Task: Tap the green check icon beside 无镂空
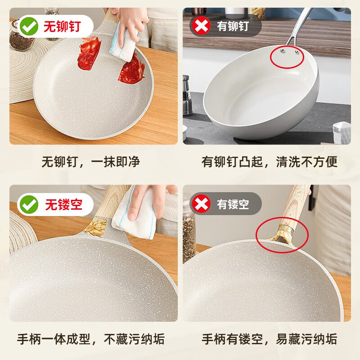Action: click(29, 205)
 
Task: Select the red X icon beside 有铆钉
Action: click(201, 26)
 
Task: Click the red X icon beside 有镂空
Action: click(201, 204)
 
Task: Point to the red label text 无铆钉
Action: click(61, 27)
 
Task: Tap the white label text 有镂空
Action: click(233, 205)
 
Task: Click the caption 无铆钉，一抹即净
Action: click(90, 162)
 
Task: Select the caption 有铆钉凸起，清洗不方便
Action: click(269, 162)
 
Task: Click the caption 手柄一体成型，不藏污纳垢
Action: click(90, 338)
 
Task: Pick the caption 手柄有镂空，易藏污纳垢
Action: click(269, 338)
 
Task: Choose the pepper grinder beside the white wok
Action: click(189, 94)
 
